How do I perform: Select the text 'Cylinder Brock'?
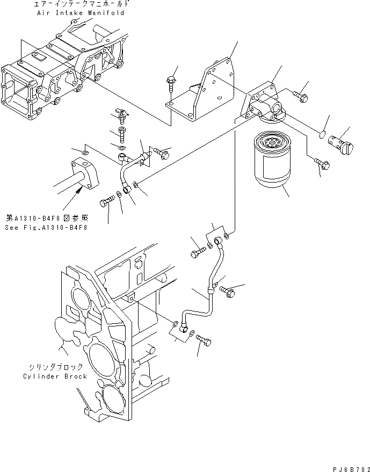click(x=55, y=376)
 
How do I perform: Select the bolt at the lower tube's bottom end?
click(x=203, y=340)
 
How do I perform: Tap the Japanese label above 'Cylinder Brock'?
click(x=55, y=367)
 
